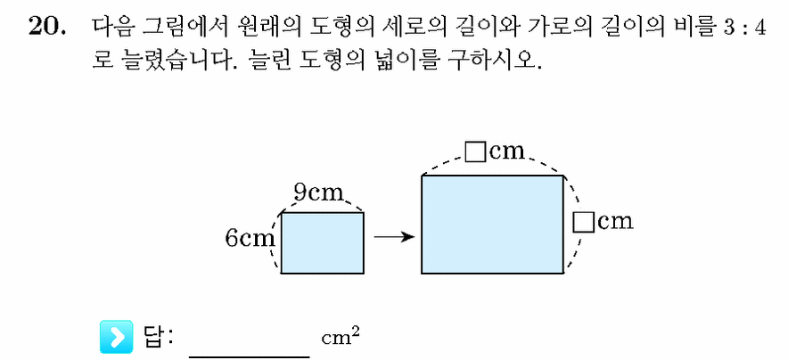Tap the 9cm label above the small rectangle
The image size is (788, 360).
pos(319,193)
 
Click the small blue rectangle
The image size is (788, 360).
pos(322,243)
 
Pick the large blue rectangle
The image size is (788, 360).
pos(492,225)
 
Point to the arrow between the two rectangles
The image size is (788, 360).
pos(394,236)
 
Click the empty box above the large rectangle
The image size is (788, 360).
pos(474,152)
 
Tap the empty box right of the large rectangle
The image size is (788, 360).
pos(584,222)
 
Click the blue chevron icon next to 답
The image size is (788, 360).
pos(116,336)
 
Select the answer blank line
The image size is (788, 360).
pos(250,357)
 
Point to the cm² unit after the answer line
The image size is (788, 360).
pos(341,337)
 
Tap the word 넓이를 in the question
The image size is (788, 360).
pos(390,62)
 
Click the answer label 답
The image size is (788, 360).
pos(152,336)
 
